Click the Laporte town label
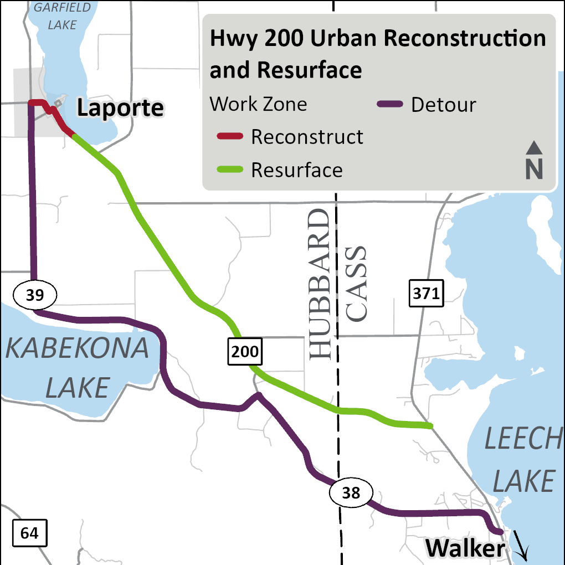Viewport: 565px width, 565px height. pyautogui.click(x=120, y=108)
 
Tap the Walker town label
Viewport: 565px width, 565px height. pyautogui.click(x=464, y=548)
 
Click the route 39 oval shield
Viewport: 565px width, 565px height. pyautogui.click(x=34, y=295)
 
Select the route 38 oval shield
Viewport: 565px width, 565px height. pyautogui.click(x=351, y=492)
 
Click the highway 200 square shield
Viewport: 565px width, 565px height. pyautogui.click(x=244, y=351)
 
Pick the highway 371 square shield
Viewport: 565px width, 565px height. pyautogui.click(x=426, y=294)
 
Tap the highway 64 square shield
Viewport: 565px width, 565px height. pyautogui.click(x=29, y=533)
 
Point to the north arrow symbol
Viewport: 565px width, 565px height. pyautogui.click(x=534, y=161)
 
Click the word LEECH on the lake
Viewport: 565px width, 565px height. pyautogui.click(x=523, y=440)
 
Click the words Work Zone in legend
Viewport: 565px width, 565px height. pyautogui.click(x=258, y=104)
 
